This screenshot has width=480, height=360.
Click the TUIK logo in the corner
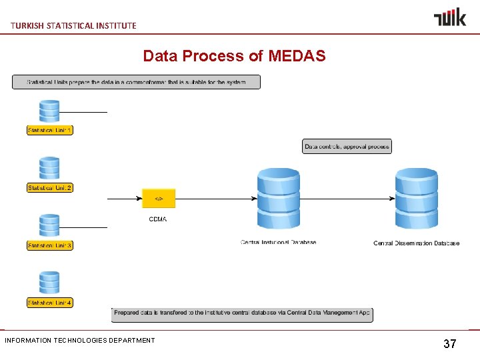click(x=450, y=17)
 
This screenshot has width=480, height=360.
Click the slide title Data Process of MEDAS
click(x=234, y=56)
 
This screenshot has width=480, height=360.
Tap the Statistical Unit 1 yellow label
click(x=50, y=130)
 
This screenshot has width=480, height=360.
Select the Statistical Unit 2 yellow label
click(x=50, y=188)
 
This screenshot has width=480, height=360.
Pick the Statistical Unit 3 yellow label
click(x=50, y=245)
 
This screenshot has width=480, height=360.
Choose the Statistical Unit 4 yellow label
click(x=50, y=303)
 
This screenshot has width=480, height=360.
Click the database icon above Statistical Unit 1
click(x=49, y=111)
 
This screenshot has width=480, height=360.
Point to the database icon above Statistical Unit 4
click(x=49, y=283)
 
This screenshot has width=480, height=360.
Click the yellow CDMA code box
click(x=159, y=199)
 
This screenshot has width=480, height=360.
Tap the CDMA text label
click(x=158, y=219)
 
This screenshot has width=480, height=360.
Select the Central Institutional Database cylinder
click(x=279, y=199)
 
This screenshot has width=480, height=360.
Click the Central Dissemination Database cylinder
click(x=417, y=199)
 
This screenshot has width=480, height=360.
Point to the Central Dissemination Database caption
click(x=416, y=243)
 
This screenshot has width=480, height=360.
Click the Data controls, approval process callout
click(x=347, y=146)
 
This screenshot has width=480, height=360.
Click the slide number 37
click(x=450, y=344)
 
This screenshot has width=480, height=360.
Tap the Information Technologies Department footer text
click(x=80, y=341)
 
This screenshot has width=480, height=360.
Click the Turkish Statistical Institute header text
click(x=73, y=25)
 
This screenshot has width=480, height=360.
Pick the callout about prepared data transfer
click(x=242, y=313)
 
